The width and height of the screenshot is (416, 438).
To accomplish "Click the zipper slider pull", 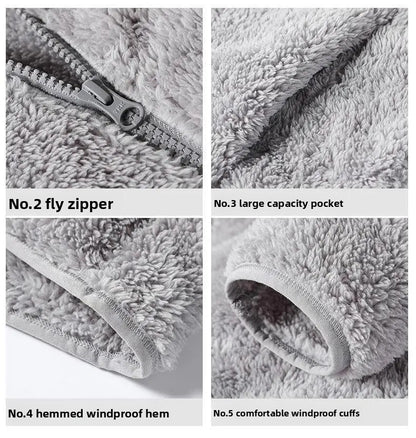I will pos(126,111).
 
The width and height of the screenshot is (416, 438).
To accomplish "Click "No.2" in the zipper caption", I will pos(24,204).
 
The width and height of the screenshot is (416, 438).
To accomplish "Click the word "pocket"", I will pos(325,203).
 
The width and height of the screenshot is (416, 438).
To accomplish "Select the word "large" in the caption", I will pos(252,203).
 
